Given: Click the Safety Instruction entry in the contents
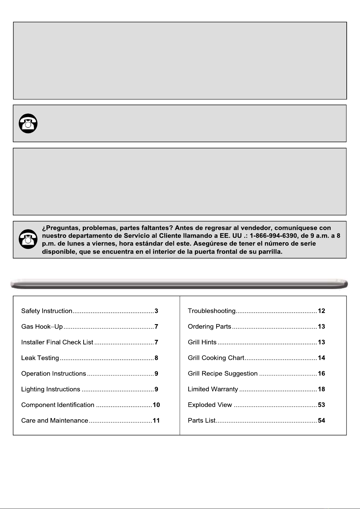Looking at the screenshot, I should coord(47,311).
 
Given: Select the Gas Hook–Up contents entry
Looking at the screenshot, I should coord(42,327).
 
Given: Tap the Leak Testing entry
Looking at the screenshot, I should coord(40,358).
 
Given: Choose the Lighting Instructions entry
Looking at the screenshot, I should coord(51,389).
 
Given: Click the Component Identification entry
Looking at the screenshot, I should coord(58,405).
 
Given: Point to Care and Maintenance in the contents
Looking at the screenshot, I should coord(55,421).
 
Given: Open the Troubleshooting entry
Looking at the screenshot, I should coord(212,311).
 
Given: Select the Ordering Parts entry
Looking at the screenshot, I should coord(210,327).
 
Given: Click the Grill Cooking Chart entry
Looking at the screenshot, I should coord(216,358).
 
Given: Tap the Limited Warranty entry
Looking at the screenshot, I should coord(213,389).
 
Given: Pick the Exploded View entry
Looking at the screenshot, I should coord(210,405).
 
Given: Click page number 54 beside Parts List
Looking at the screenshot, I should coord(321,421).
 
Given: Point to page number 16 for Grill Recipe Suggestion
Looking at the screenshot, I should coord(321,374).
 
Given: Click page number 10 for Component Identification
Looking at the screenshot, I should coord(156,405).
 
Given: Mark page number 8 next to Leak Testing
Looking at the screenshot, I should coord(156,358).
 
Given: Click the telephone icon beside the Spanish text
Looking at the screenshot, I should coord(28,239).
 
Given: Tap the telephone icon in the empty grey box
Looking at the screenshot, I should coord(28,123).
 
